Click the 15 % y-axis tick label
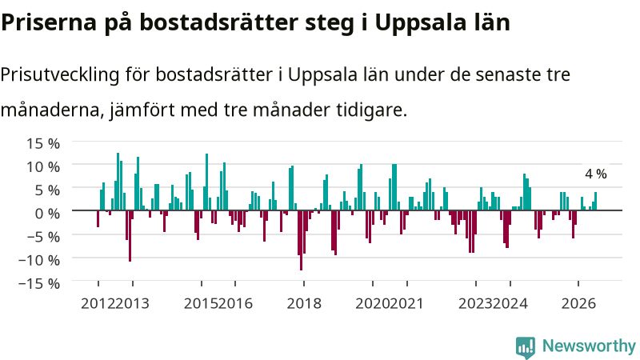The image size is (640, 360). click(x=43, y=143)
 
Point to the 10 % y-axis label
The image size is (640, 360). click(x=43, y=166)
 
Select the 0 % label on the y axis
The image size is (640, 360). click(x=47, y=213)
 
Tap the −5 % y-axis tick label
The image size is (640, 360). click(x=43, y=236)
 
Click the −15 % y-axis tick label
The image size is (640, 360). click(x=39, y=283)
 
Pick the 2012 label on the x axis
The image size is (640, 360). click(x=98, y=304)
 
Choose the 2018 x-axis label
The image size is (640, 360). click(x=304, y=304)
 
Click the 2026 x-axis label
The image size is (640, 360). click(x=578, y=304)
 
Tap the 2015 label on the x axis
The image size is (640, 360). click(x=202, y=304)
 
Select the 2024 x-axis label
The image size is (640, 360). click(x=510, y=304)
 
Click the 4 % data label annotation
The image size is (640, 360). click(x=596, y=174)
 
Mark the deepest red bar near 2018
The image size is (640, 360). click(x=302, y=240)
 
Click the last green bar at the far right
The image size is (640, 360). click(x=595, y=202)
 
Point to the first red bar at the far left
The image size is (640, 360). click(x=98, y=218)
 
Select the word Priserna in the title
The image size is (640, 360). click(x=49, y=22)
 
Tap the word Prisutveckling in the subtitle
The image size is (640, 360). click(x=60, y=75)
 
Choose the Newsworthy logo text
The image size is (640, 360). click(x=589, y=346)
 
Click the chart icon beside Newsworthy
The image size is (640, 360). click(x=526, y=347)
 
